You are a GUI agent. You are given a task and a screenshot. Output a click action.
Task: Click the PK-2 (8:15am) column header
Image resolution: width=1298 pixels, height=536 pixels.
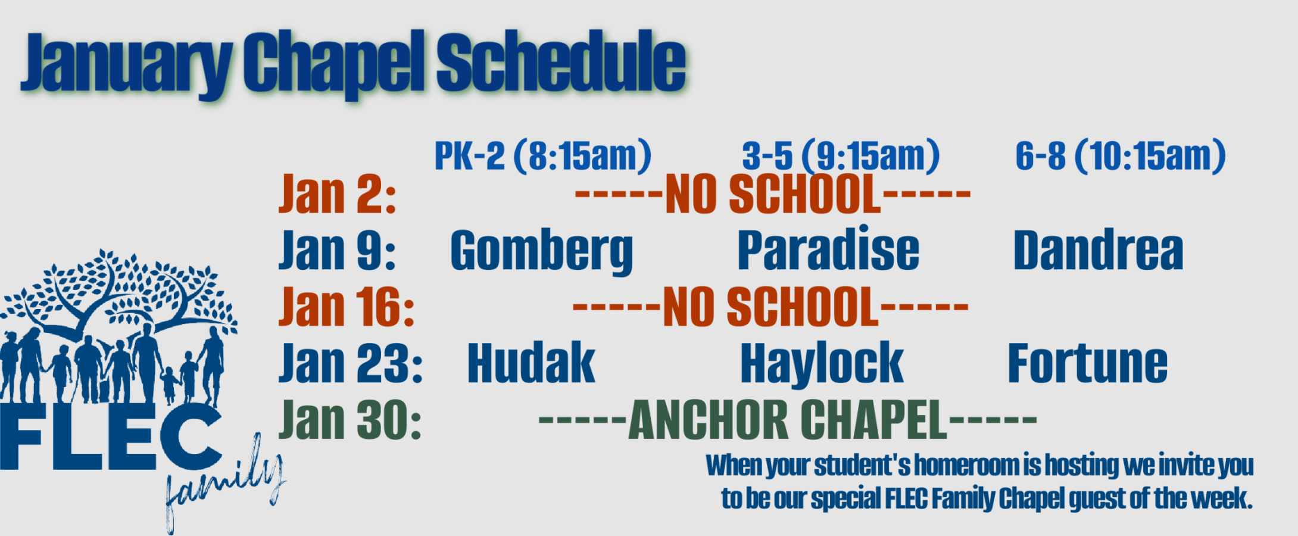pos(543,156)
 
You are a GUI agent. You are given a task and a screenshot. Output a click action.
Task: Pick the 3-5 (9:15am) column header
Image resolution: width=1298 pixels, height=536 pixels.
pos(841,156)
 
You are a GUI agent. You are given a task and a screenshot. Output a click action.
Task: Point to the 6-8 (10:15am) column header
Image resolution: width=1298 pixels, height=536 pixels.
pos(1121,156)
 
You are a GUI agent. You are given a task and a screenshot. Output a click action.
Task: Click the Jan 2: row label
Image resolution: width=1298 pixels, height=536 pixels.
pos(338,194)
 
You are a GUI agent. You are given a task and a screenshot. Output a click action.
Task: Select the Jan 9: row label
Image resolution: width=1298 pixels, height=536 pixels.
pos(338,250)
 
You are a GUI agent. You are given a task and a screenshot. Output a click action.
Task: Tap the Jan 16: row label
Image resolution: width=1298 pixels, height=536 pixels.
pos(347,307)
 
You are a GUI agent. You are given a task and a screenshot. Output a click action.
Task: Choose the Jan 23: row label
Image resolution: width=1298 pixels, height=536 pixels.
pos(351,363)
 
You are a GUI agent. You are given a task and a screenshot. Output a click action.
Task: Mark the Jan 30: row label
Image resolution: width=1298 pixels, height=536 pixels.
pos(350,419)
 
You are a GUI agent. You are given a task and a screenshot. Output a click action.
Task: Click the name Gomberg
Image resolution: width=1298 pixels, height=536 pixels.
pos(542,252)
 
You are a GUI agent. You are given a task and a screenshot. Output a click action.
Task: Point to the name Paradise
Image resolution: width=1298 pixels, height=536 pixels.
pos(828,249)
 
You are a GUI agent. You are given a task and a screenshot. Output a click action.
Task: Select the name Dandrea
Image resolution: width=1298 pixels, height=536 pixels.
pos(1098,250)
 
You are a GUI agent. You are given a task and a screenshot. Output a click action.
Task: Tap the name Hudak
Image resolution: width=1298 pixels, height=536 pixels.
pos(531,363)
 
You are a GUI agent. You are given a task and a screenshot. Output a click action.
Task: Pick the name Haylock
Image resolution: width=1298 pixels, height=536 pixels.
pos(822,364)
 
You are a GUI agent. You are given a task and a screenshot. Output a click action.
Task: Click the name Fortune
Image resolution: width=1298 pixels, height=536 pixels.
pos(1087,363)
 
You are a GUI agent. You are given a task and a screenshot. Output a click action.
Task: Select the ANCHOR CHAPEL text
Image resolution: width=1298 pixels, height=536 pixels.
pos(788,419)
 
